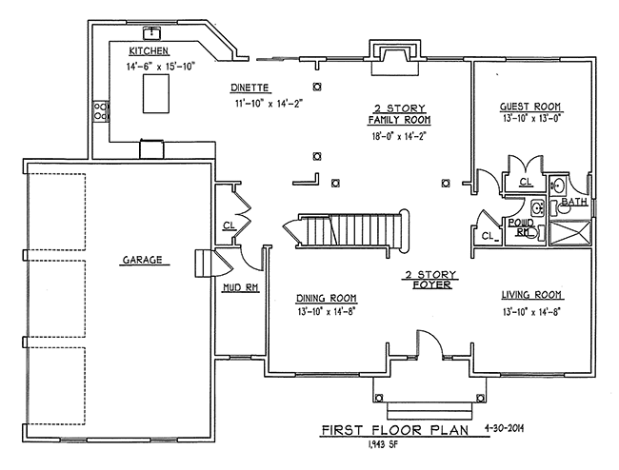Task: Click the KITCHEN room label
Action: click(x=150, y=49)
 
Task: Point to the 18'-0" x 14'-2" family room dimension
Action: click(x=399, y=137)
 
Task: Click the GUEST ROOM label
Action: click(x=530, y=107)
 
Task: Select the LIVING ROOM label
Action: click(x=530, y=294)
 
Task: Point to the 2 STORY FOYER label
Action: click(x=431, y=279)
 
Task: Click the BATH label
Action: click(x=574, y=203)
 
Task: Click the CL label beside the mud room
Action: click(x=229, y=225)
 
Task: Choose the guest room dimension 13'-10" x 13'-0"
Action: click(x=530, y=120)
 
